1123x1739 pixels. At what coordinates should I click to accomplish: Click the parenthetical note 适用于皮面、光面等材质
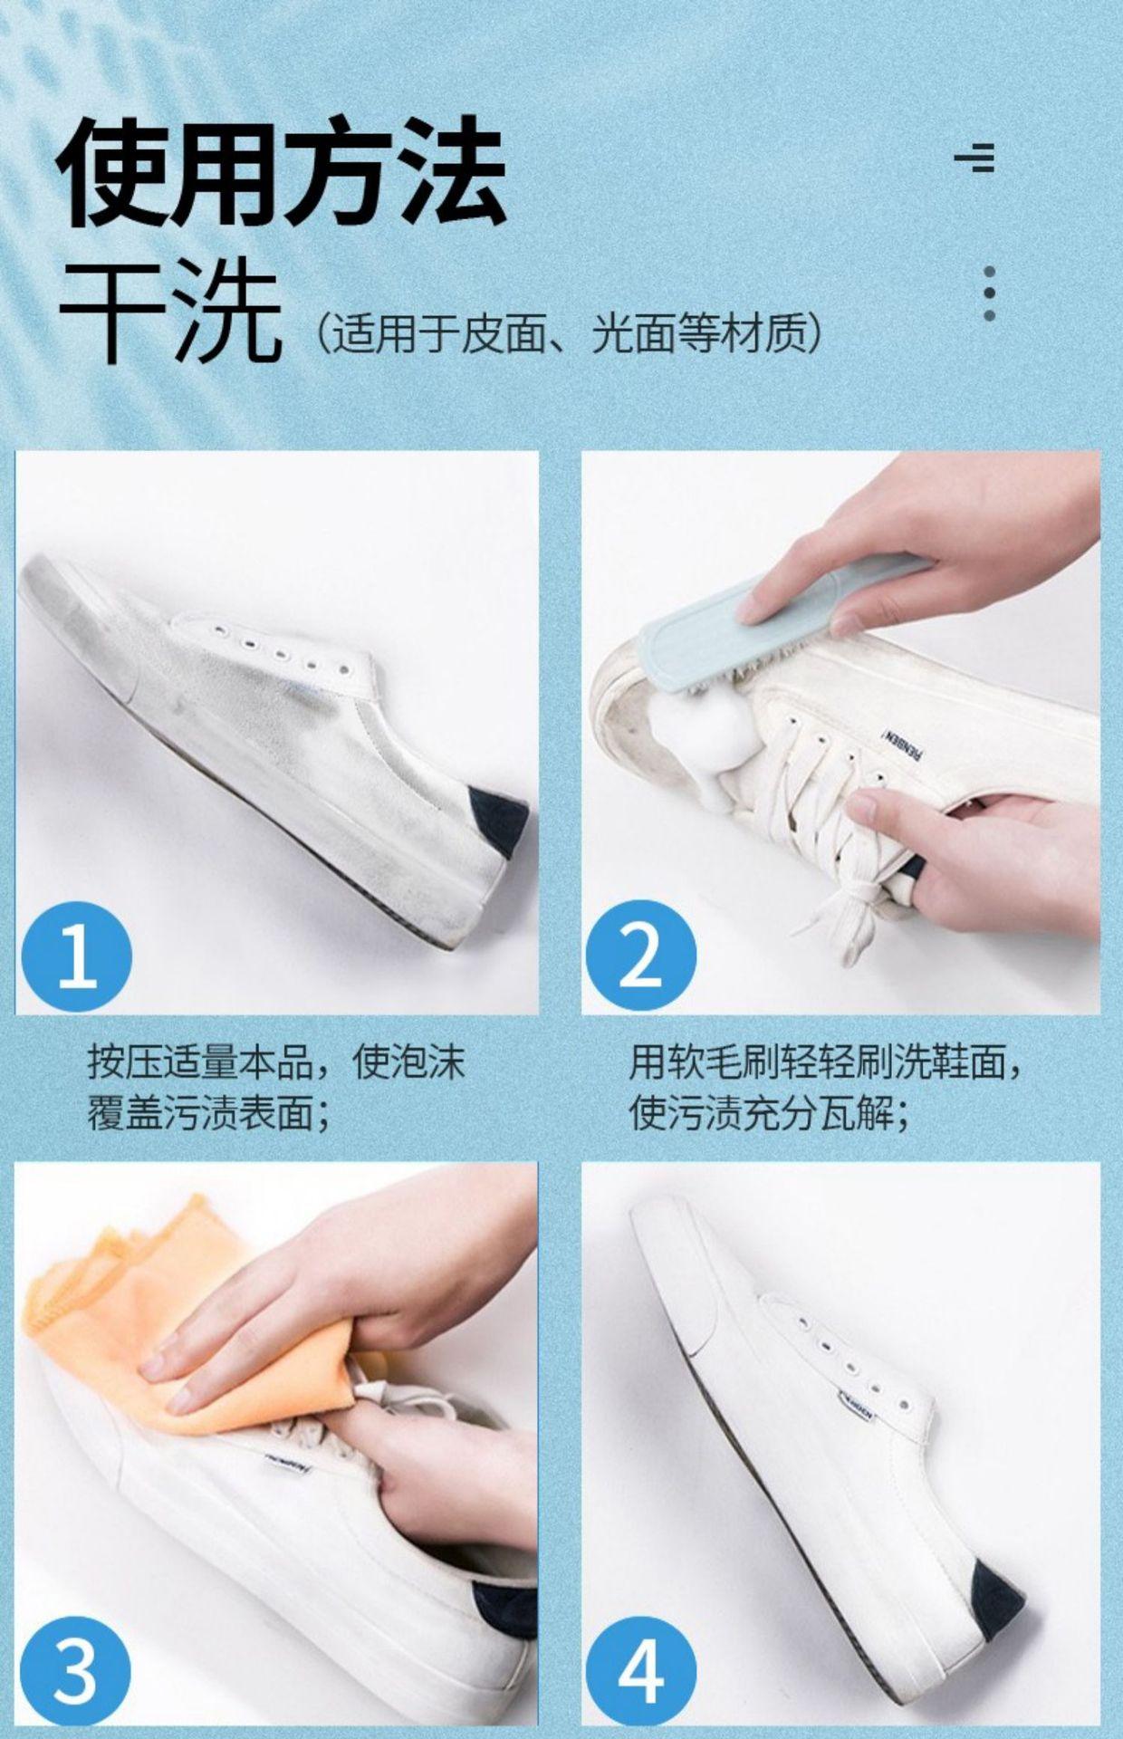(x=570, y=334)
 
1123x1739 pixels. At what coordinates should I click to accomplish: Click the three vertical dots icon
(x=989, y=293)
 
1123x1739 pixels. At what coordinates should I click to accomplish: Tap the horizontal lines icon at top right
(x=975, y=157)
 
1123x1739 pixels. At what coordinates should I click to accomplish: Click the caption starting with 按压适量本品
(x=276, y=1087)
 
